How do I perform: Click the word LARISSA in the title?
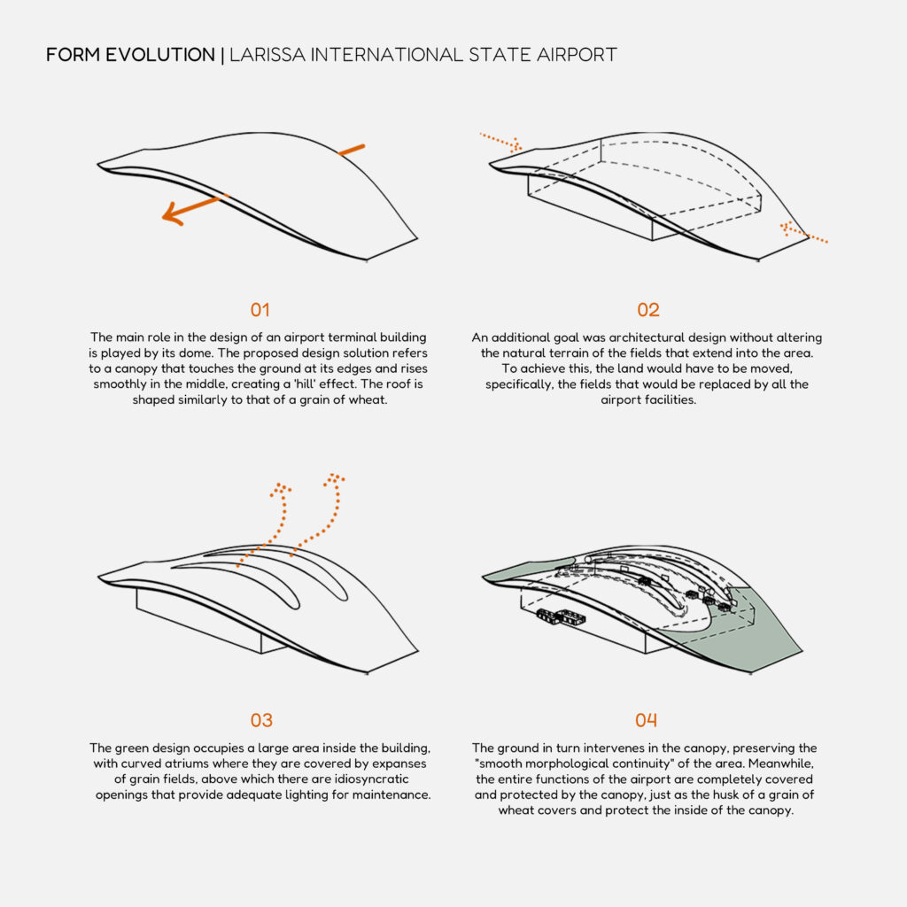[267, 55]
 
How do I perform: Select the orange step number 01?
[260, 310]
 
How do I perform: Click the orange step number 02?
[647, 310]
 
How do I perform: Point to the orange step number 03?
[261, 720]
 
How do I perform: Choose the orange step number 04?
[646, 720]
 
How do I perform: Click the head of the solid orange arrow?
[173, 214]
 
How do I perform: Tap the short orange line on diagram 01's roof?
[352, 151]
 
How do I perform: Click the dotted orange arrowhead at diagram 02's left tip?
[516, 145]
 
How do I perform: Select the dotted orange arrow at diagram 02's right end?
[803, 232]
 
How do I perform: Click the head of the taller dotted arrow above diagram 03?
[334, 479]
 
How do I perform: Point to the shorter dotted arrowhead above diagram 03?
[281, 489]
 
